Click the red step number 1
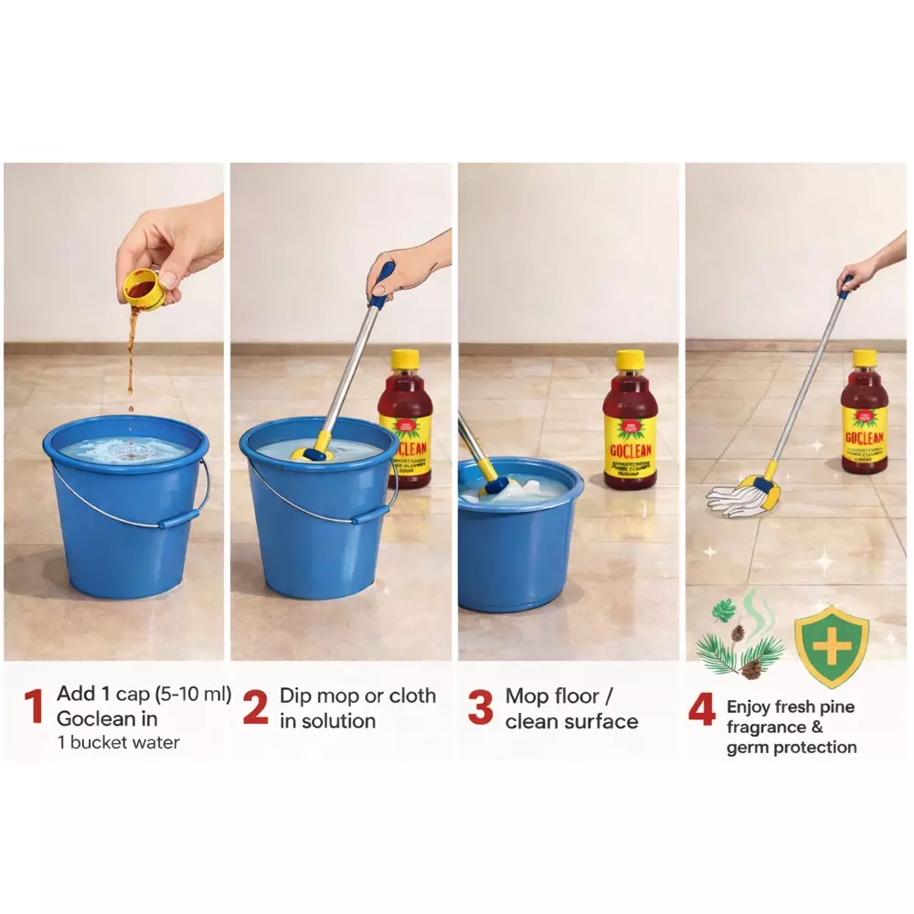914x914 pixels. tap(34, 707)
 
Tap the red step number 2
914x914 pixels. tap(255, 707)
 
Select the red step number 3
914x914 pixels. tap(480, 708)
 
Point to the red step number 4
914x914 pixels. tap(701, 710)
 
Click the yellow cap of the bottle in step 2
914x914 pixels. tap(405, 358)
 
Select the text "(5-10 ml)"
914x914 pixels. tap(187, 695)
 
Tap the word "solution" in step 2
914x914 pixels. tap(340, 720)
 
